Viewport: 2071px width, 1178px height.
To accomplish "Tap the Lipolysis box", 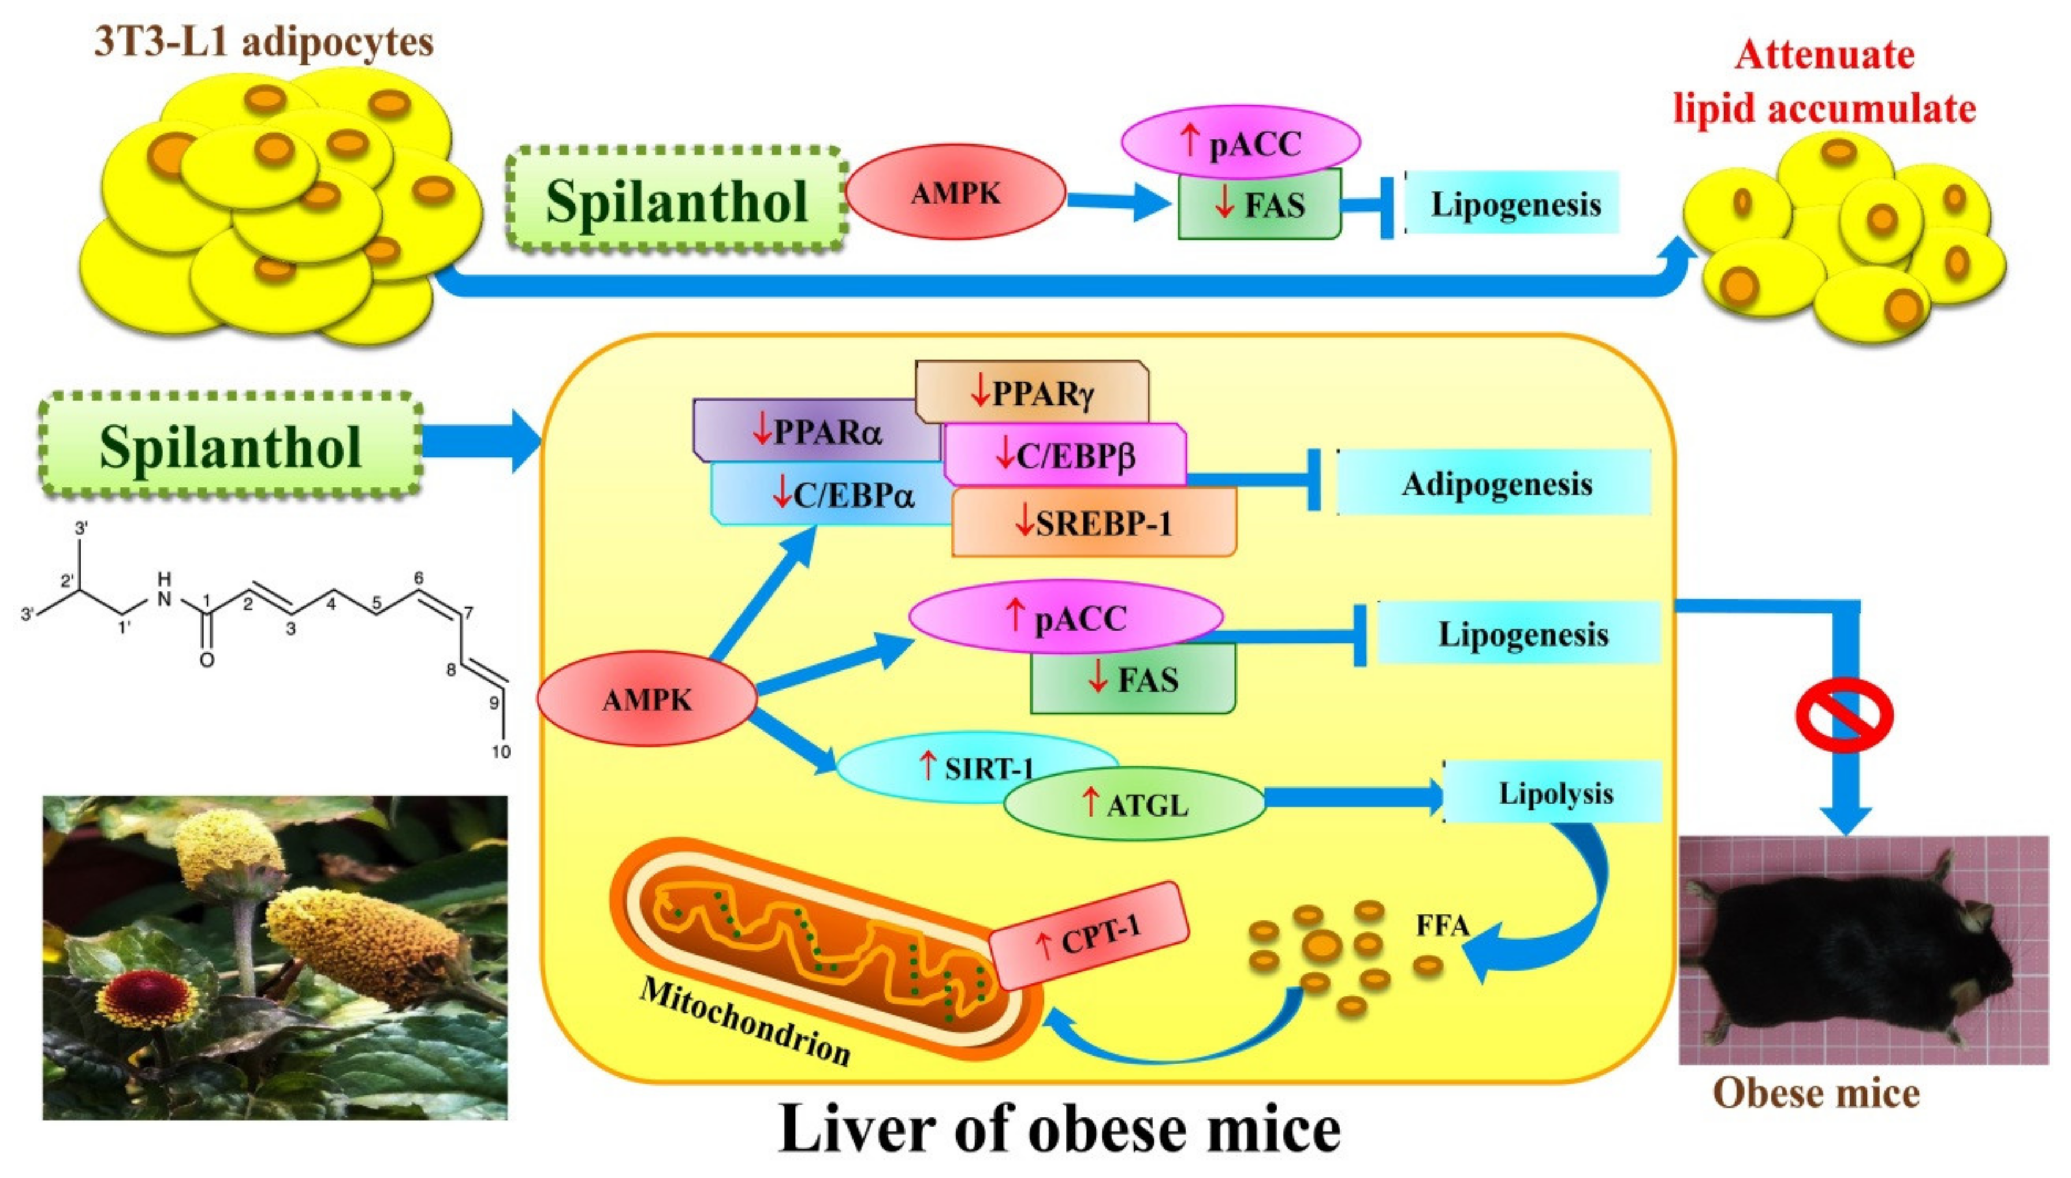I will pos(1554,793).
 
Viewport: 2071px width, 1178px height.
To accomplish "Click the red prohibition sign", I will pos(1845,714).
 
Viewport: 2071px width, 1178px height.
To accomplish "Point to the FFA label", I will pos(1441,924).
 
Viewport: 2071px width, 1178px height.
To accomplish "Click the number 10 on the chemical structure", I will pos(501,752).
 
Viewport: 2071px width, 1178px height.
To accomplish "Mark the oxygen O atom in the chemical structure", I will pos(207,660).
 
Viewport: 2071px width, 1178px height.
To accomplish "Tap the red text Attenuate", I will pos(1824,55).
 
